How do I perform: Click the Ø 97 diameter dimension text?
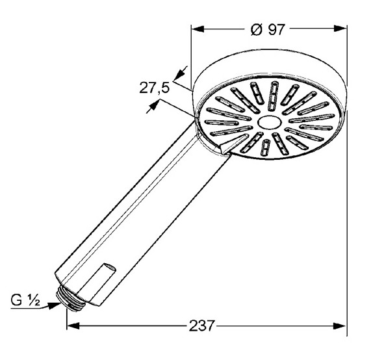[x=267, y=30]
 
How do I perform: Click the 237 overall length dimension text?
[x=201, y=326]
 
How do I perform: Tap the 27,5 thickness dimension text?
[x=154, y=88]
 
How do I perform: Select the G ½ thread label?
[x=25, y=300]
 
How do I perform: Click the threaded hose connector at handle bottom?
[x=71, y=300]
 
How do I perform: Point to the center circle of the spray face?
[x=270, y=123]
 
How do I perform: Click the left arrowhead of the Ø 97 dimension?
[x=198, y=29]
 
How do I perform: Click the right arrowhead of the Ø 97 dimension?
[x=340, y=29]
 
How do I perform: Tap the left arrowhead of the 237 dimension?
[x=73, y=326]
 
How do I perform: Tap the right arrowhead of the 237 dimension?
[x=340, y=326]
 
